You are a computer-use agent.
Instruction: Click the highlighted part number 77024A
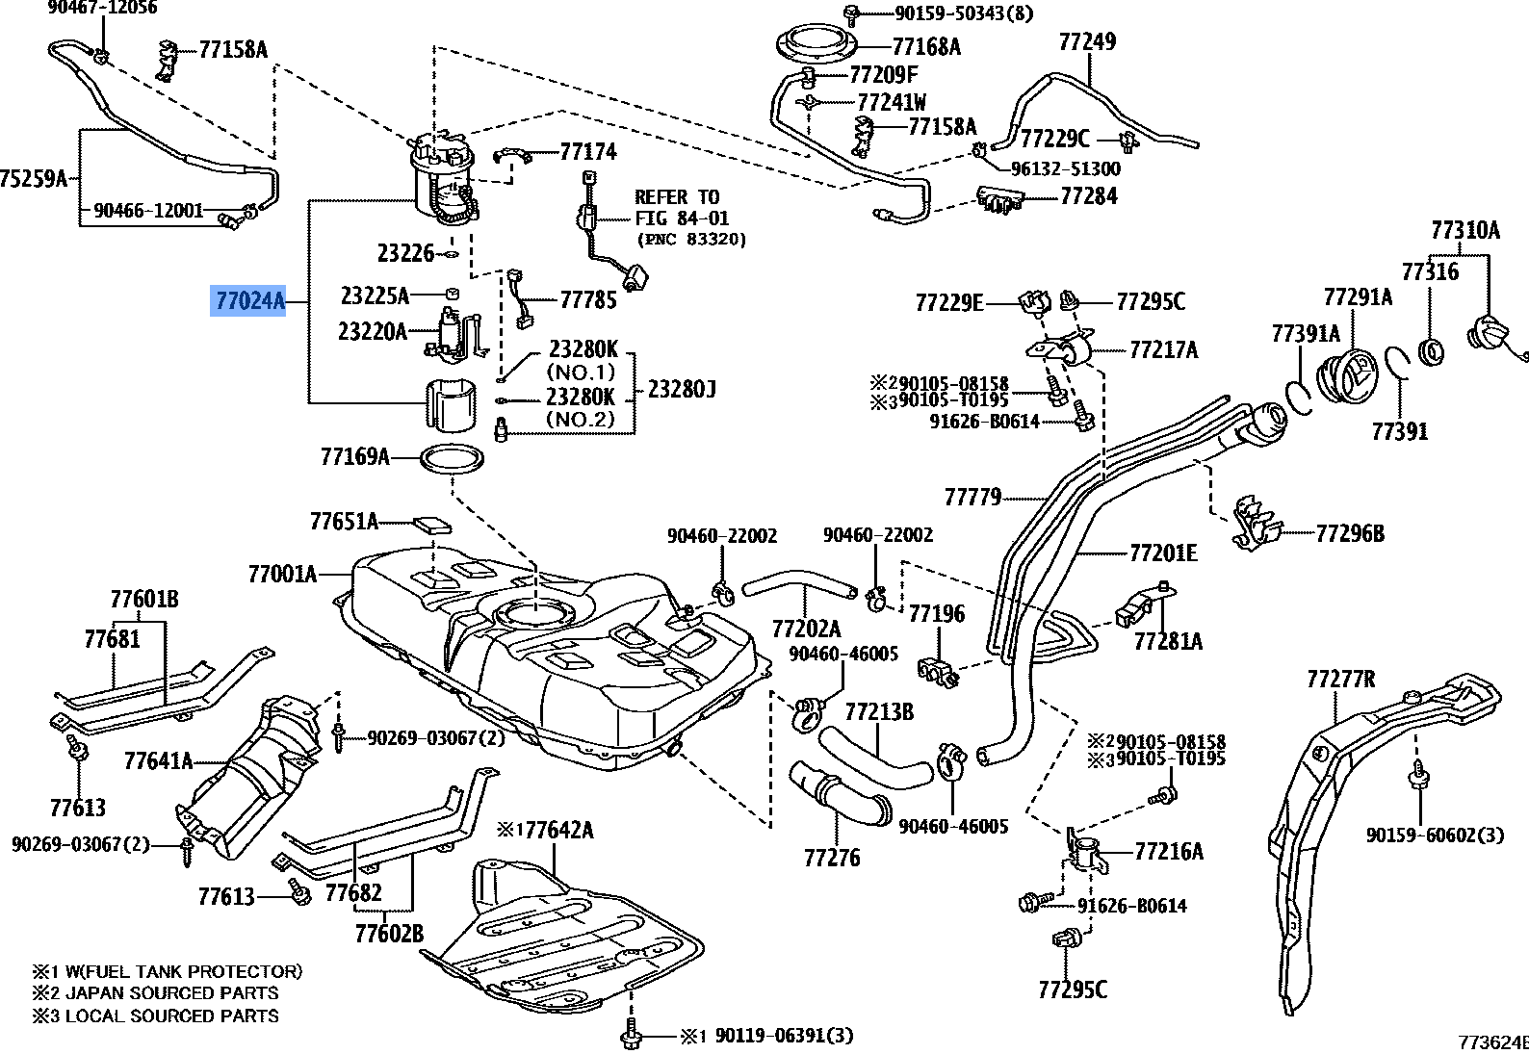coord(250,301)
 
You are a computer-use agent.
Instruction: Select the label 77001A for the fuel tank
coord(282,575)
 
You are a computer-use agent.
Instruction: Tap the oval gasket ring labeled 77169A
coord(453,458)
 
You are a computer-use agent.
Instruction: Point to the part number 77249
coord(1087,41)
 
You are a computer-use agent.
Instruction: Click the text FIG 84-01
coord(682,219)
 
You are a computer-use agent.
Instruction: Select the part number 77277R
coord(1340,680)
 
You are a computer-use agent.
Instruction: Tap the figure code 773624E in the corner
coord(1493,1042)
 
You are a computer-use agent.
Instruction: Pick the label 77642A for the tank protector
coord(555,830)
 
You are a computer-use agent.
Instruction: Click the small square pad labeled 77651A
coord(432,526)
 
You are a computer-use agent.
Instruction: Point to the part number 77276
coord(832,858)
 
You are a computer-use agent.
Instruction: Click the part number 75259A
coord(34,179)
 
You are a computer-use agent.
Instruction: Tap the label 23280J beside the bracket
coord(682,390)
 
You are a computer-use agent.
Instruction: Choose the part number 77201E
coord(1163,553)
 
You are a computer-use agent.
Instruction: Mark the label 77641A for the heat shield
coord(158,761)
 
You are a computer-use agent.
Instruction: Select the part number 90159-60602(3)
coord(1435,835)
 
